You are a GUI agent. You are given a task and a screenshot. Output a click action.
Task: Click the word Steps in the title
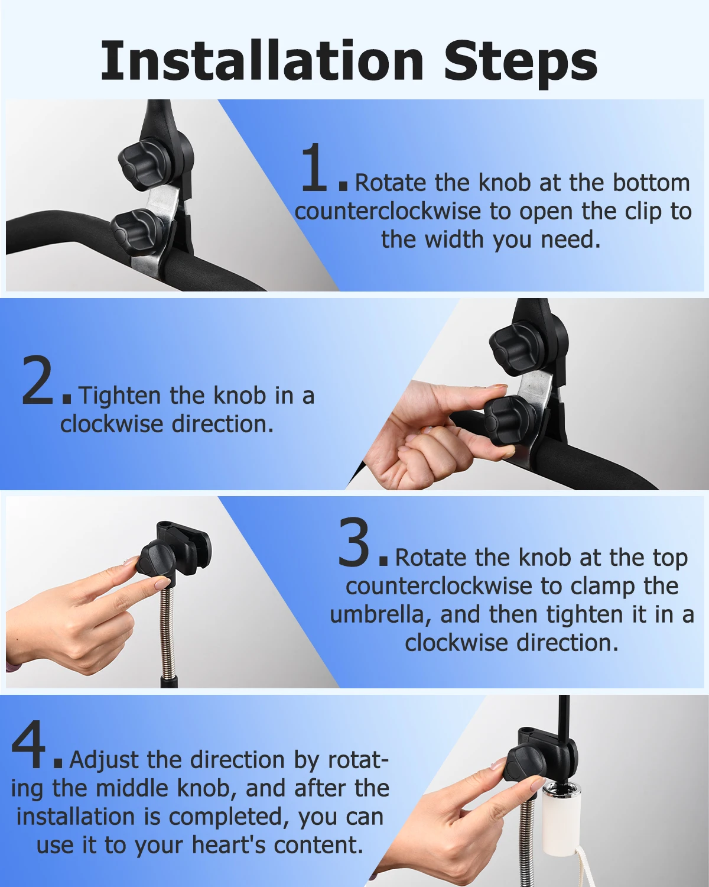(x=520, y=61)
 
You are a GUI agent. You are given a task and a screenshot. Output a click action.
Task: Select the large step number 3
(x=353, y=543)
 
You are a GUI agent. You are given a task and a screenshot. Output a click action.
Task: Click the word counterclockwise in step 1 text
(x=388, y=212)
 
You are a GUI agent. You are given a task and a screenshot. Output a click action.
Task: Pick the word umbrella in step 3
(x=376, y=614)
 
